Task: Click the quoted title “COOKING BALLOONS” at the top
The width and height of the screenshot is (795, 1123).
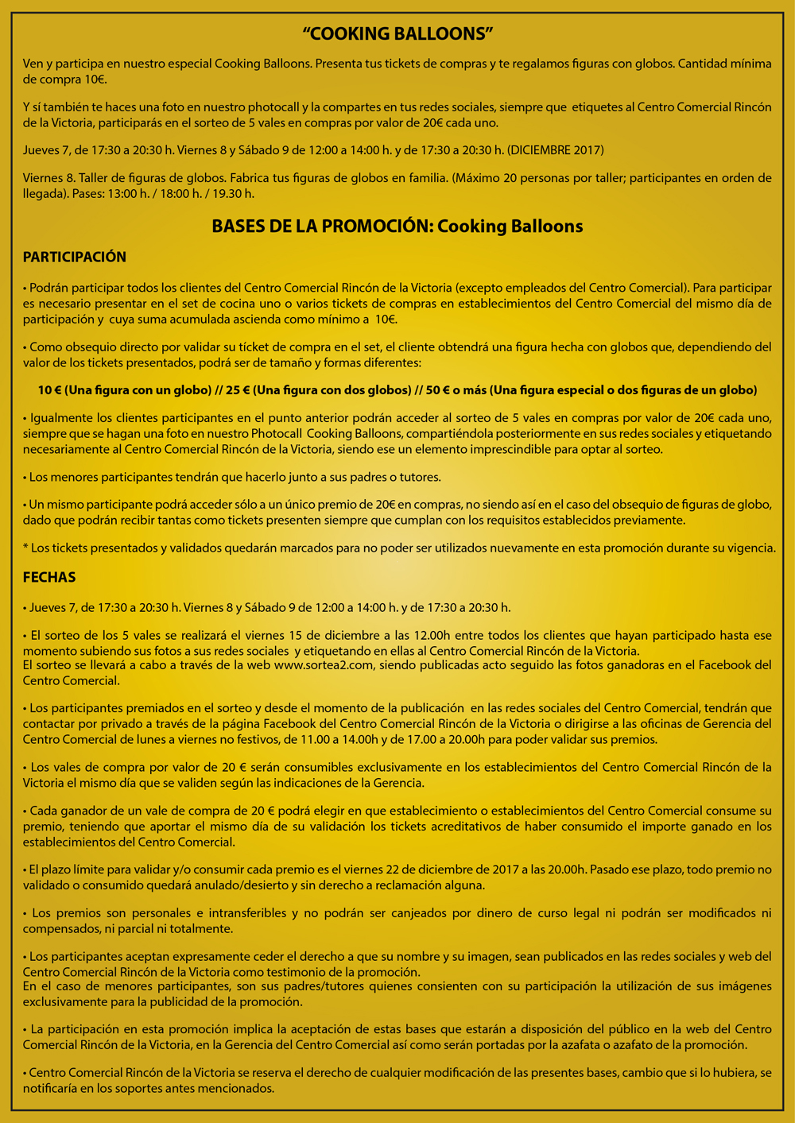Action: pos(398,33)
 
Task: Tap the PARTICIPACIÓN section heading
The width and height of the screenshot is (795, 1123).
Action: pos(75,257)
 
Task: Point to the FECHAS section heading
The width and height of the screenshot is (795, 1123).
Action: pos(49,577)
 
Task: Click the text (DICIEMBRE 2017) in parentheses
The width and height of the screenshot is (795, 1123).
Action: pos(556,150)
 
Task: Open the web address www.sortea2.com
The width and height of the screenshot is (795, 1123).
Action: pos(323,665)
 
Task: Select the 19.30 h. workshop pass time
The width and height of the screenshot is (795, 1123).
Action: pos(232,193)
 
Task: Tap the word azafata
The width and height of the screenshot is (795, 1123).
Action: pos(607,1044)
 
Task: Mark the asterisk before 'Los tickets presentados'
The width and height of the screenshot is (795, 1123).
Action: pos(25,548)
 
